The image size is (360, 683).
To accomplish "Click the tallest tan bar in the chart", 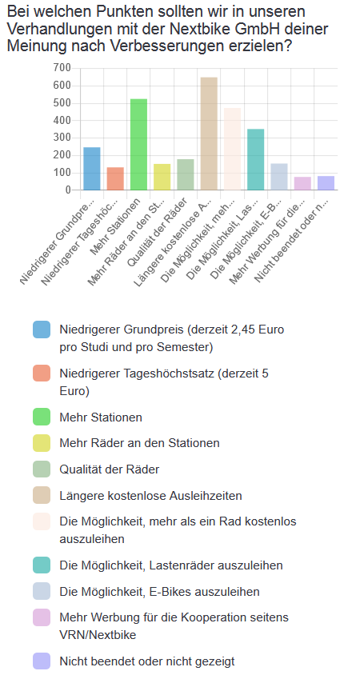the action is tap(209, 134).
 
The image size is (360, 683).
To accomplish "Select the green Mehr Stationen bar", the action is tap(138, 145).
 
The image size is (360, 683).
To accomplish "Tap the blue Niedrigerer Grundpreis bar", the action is tap(92, 169).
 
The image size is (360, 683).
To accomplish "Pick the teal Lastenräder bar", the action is tap(255, 159).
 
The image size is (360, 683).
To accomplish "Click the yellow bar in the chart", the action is tap(162, 177).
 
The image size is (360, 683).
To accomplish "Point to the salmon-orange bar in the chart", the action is tap(115, 178).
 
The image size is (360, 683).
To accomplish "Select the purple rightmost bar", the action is tap(326, 183).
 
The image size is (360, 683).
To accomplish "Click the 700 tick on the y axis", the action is tap(62, 68).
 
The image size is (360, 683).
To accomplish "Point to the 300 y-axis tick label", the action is tap(62, 138).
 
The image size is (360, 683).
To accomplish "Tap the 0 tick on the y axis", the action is tap(67, 190).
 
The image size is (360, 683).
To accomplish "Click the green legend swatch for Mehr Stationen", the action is tap(42, 417).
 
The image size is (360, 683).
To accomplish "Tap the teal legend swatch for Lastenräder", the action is tap(42, 565).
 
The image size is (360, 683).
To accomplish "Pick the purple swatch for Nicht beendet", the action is tap(42, 661).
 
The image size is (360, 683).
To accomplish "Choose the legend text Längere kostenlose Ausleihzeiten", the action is tap(150, 496).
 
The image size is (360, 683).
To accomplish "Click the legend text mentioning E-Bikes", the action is tap(159, 592).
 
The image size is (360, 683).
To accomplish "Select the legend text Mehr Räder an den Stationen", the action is tap(139, 443).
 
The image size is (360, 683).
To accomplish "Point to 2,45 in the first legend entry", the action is tap(246, 330).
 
